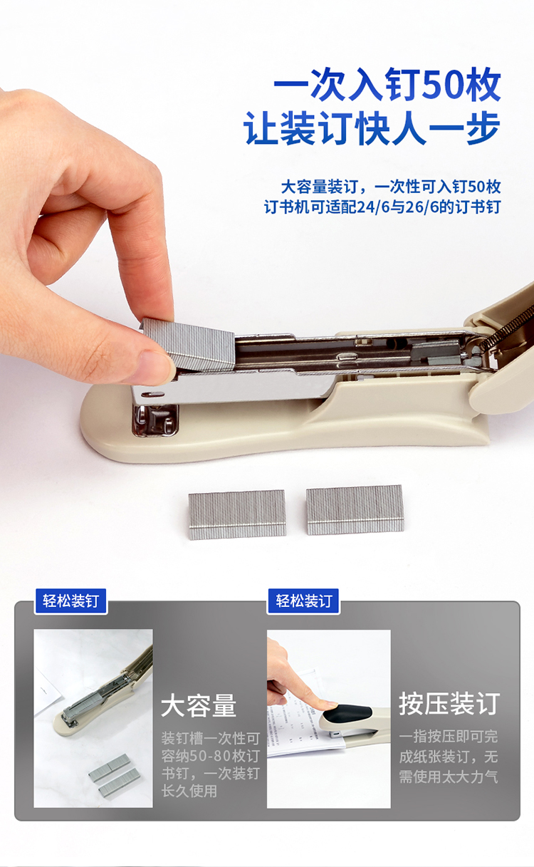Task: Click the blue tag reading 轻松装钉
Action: [70, 601]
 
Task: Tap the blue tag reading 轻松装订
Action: [304, 601]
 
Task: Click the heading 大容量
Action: [199, 705]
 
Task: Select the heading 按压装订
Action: [450, 703]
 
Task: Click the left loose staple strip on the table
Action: [237, 514]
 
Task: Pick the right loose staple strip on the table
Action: [355, 510]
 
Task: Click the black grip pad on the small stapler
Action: [347, 712]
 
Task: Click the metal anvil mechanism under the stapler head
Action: [155, 421]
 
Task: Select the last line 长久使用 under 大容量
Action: [189, 791]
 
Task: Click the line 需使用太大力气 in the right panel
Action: [449, 777]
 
